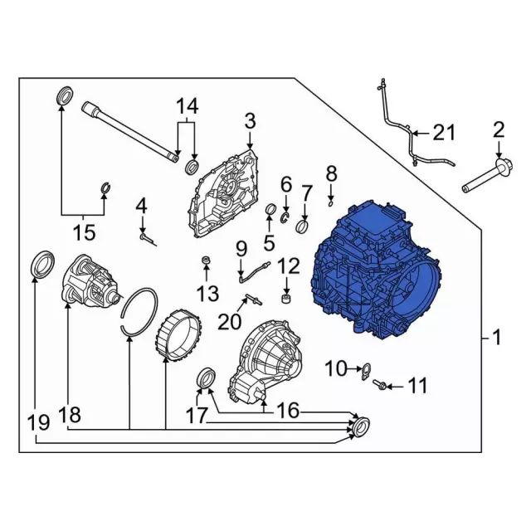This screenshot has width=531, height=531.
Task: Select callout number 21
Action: pos(445,133)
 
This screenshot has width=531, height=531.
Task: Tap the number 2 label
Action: pos(499,129)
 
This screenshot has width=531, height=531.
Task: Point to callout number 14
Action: pos(187,106)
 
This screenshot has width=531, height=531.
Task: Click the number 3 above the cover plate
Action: pos(250,124)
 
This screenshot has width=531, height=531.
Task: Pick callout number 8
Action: pos(331,173)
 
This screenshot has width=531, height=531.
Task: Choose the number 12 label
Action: pos(288,265)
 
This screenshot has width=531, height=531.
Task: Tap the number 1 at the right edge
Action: pos(496,339)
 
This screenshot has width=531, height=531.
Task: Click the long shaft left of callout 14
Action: pos(129,129)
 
